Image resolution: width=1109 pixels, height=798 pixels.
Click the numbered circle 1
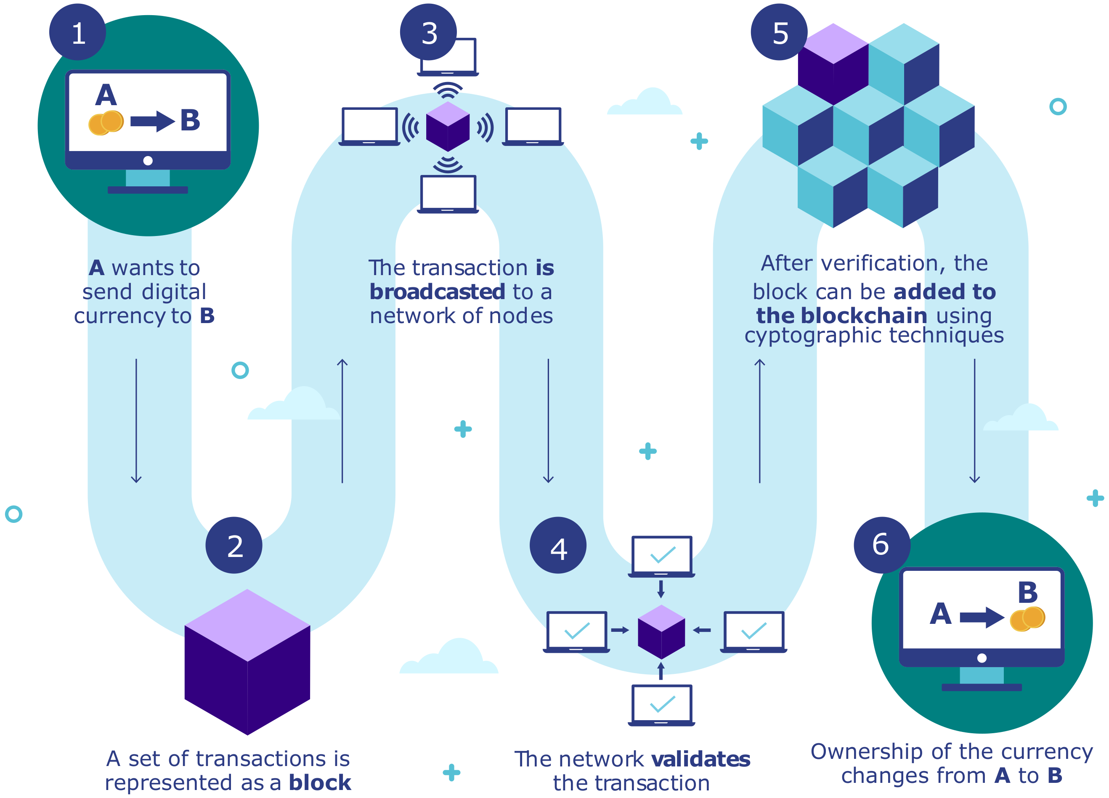[77, 32]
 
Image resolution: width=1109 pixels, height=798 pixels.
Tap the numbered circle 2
[234, 545]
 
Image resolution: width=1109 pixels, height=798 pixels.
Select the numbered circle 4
[558, 545]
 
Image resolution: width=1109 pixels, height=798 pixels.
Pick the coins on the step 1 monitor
[106, 122]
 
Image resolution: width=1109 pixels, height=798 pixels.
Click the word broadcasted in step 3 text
[437, 292]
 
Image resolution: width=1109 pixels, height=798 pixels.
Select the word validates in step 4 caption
[700, 759]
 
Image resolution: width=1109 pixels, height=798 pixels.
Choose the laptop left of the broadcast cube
[370, 127]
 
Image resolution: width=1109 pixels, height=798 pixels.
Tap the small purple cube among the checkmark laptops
[661, 632]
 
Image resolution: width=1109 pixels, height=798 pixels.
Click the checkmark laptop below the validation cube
[661, 705]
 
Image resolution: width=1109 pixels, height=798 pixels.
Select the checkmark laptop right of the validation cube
[753, 631]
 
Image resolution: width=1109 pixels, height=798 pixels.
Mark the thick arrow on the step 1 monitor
[152, 121]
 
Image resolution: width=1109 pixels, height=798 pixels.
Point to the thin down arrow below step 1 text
[136, 421]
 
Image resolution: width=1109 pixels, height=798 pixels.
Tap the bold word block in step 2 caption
[320, 783]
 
